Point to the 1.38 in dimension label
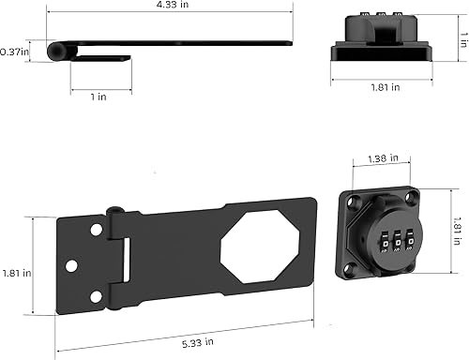[x=383, y=158]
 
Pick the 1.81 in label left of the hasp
[x=15, y=273]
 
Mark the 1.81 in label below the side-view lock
[x=385, y=86]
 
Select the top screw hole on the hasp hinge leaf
[x=96, y=230]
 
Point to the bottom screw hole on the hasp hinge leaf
[x=95, y=297]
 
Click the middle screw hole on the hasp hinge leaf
[x=70, y=263]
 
